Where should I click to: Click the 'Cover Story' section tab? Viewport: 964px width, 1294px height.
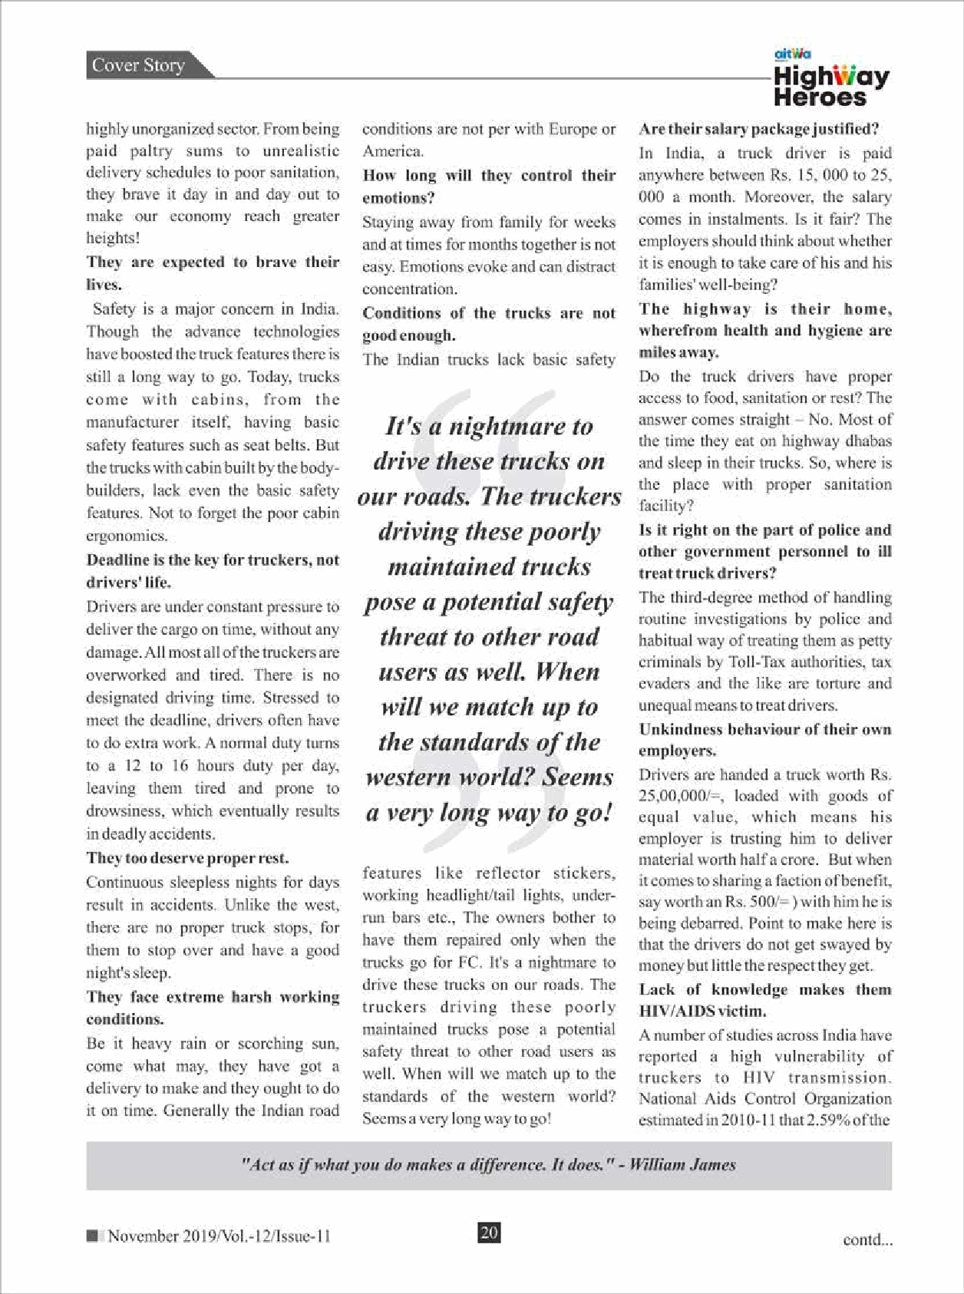(139, 65)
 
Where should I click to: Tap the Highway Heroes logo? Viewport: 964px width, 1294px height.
(831, 79)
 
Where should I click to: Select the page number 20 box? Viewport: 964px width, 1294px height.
(489, 1233)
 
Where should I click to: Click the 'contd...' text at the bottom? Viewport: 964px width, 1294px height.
(867, 1240)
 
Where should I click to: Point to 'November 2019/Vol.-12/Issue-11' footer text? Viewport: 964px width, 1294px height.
(219, 1236)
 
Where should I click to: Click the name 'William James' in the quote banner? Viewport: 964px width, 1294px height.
(682, 1164)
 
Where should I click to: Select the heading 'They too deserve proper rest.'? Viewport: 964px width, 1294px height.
(187, 858)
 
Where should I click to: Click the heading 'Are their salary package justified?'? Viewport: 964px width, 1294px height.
(758, 129)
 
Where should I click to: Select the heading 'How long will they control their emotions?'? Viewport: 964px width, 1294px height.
(489, 187)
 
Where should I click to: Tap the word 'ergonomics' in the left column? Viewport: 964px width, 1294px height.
(126, 536)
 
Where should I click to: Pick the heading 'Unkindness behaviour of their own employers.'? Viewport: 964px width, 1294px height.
(764, 739)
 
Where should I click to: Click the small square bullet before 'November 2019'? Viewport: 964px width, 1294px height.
(93, 1236)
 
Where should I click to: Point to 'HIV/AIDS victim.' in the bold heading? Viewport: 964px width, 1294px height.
(691, 1012)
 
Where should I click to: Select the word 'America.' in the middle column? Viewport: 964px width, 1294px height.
(393, 151)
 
